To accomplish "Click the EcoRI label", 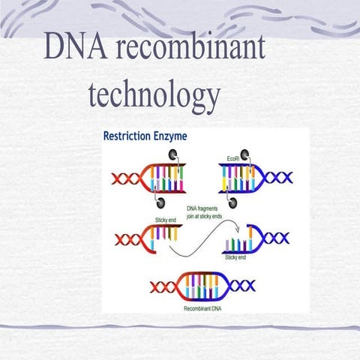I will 233,158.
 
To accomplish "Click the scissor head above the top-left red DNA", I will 173,156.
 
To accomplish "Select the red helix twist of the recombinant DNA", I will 163,286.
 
